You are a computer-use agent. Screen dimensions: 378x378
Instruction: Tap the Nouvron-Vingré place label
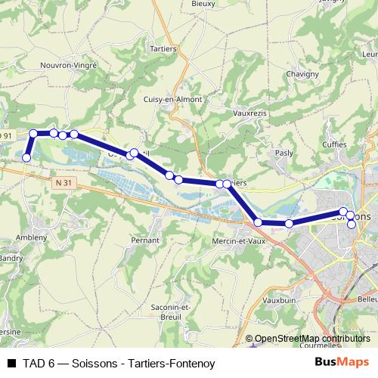69,66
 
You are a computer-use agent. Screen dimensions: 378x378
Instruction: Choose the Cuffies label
333,144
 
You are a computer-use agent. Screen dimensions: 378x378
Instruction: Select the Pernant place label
144,240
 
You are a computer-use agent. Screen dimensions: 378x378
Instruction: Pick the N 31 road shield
64,182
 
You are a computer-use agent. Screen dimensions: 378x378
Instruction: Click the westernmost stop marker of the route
26,157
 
